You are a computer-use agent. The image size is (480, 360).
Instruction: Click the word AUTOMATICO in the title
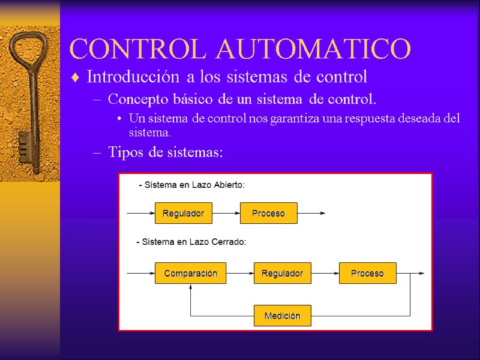coord(314,49)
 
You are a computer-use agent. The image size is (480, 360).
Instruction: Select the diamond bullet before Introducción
coord(75,78)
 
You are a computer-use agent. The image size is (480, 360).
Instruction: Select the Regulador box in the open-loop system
coord(183,213)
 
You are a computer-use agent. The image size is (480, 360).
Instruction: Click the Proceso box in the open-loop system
coord(268,213)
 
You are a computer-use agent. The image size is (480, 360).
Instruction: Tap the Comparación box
coord(190,274)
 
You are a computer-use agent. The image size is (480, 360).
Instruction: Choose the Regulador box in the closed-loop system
coord(282,274)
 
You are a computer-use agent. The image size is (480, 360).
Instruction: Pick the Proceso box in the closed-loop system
coord(367,274)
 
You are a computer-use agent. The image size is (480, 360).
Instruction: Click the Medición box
coord(282,316)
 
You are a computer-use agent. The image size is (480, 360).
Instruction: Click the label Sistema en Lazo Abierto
coord(192,185)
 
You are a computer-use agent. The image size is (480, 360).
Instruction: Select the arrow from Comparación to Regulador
coord(240,274)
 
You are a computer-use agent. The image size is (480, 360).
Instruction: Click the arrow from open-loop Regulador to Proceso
coord(226,213)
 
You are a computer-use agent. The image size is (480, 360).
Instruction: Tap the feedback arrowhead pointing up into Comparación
coord(190,289)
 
